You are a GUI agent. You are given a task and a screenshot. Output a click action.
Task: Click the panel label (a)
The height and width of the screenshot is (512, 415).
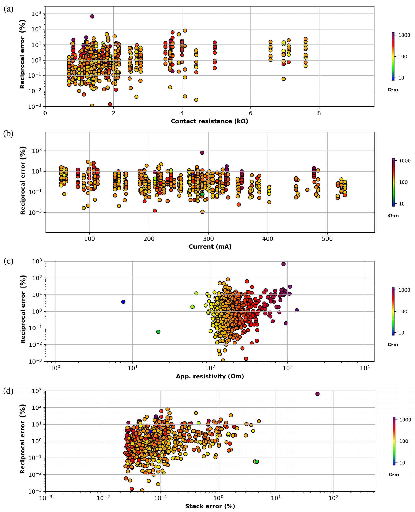(x=8, y=10)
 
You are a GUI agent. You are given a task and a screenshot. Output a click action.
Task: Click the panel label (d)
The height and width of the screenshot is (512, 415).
(x=8, y=391)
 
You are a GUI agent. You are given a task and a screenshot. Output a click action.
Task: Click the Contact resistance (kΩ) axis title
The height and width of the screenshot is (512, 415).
(x=209, y=121)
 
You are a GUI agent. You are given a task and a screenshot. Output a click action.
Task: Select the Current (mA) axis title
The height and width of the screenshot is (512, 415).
(x=210, y=247)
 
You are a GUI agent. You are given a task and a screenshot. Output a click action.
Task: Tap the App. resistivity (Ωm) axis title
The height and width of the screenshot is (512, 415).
(x=210, y=376)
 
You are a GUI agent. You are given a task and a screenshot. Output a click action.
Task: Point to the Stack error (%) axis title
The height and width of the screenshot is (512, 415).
(x=210, y=506)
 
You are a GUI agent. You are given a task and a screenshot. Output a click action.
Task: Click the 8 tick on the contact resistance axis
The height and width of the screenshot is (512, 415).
(x=319, y=113)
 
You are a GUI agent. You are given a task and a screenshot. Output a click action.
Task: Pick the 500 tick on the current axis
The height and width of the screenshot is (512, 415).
(x=327, y=239)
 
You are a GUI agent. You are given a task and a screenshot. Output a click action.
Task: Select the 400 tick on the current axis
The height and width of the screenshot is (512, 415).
(x=268, y=239)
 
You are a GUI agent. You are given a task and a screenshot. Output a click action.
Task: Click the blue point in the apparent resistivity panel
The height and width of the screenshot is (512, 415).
(x=123, y=302)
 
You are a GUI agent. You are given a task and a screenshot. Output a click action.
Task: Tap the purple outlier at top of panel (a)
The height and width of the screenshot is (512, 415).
(x=92, y=16)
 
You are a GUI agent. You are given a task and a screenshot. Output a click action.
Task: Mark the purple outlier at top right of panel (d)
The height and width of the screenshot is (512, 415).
(x=317, y=394)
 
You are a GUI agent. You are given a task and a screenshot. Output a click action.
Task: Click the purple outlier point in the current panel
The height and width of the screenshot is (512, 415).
(x=202, y=152)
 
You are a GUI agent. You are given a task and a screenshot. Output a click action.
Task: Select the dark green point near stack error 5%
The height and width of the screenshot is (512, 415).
(x=257, y=462)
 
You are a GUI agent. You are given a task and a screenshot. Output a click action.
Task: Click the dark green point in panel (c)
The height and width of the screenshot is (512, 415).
(x=158, y=332)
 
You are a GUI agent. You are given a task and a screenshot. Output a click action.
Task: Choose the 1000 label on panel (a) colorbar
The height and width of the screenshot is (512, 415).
(x=404, y=35)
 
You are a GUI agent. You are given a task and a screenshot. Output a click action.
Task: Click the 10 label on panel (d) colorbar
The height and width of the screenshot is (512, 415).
(x=402, y=463)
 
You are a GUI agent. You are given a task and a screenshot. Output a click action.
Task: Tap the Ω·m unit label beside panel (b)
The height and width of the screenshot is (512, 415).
(x=393, y=216)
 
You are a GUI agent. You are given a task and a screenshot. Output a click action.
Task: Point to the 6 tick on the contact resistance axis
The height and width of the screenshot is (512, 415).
(x=251, y=113)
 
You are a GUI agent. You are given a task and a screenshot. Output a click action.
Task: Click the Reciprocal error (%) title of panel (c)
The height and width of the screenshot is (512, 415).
(x=23, y=309)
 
